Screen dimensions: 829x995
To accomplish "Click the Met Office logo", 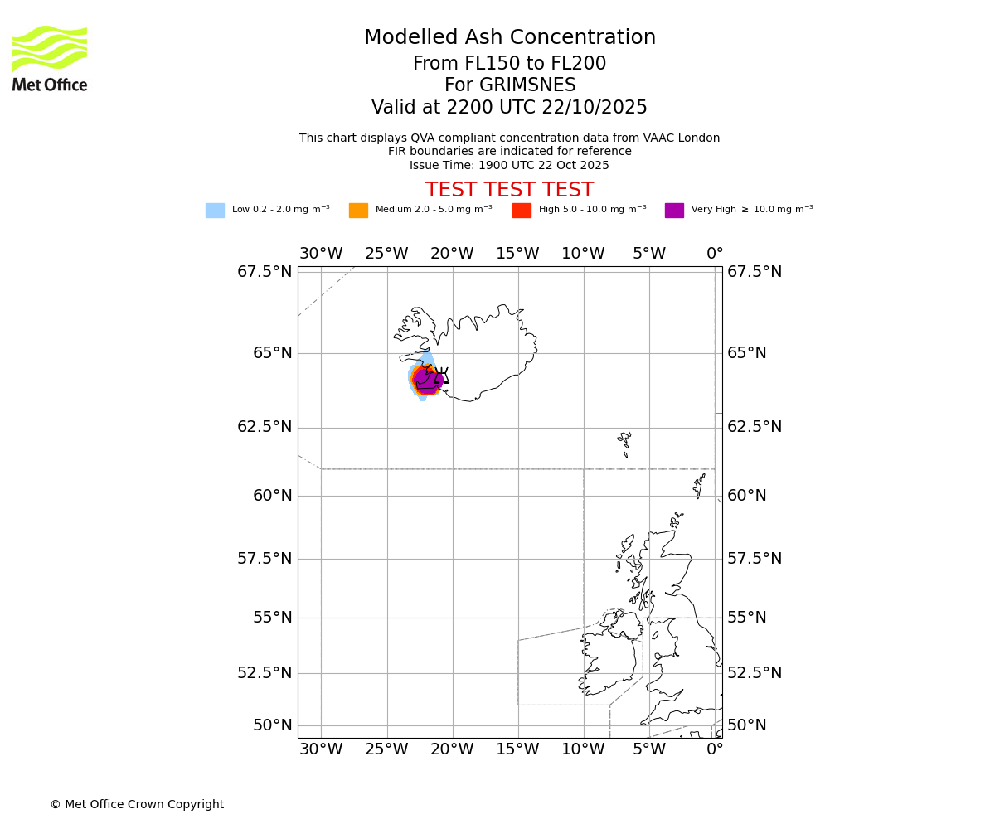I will pos(50,58).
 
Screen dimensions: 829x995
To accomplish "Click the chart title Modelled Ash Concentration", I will pos(510,38).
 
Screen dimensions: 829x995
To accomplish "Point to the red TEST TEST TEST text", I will pos(509,190).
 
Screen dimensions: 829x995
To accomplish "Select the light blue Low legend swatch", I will pos(215,211).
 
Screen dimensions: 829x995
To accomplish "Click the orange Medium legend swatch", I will pos(358,211).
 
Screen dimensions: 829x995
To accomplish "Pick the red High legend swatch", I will pos(522,211).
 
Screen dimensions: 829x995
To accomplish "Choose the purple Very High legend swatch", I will pos(674,211).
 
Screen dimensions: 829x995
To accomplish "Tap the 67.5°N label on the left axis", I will pos(265,272).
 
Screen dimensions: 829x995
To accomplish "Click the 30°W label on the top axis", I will pos(321,254).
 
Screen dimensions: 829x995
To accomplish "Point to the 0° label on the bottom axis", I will pos(715,750).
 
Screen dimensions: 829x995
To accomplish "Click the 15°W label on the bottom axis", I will pos(517,750).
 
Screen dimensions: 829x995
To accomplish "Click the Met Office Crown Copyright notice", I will pos(137,804).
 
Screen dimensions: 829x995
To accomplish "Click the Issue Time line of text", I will pos(509,165).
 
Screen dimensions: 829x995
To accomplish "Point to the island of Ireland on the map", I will pos(609,659).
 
